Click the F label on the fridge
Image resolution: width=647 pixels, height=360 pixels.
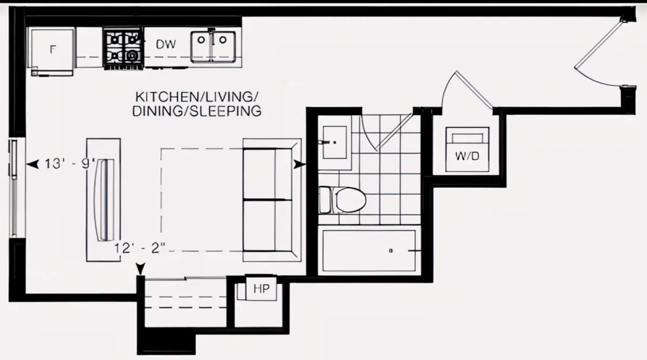click(x=52, y=50)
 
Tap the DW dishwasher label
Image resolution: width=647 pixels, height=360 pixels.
click(x=166, y=44)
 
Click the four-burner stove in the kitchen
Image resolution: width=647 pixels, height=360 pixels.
click(x=123, y=49)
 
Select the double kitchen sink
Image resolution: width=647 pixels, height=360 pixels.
click(x=213, y=47)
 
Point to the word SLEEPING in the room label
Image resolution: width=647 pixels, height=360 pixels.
click(x=226, y=112)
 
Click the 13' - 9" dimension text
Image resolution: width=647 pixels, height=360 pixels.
click(x=70, y=164)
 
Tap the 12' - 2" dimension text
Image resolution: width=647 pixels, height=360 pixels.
click(x=140, y=248)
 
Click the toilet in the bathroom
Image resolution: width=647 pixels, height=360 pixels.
click(x=342, y=200)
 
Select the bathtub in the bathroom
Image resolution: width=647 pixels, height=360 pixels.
click(x=369, y=251)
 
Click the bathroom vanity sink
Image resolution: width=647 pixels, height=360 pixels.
click(x=334, y=142)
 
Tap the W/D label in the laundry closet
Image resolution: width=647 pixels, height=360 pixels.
click(x=467, y=156)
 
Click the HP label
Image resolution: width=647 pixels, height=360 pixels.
click(x=261, y=289)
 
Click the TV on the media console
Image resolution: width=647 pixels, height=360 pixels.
click(x=104, y=200)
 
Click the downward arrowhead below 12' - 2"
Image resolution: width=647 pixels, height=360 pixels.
click(x=140, y=269)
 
